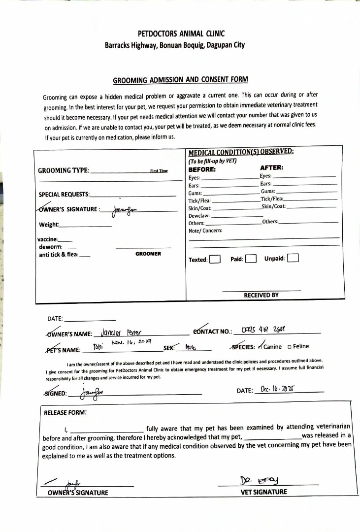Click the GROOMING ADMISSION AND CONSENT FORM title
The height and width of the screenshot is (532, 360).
click(x=180, y=79)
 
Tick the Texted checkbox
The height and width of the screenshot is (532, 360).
click(x=214, y=259)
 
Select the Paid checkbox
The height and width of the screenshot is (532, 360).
click(x=251, y=259)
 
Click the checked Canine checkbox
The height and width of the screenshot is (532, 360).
click(x=260, y=346)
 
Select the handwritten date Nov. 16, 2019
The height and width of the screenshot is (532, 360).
click(x=131, y=341)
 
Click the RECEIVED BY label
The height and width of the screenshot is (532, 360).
click(x=261, y=295)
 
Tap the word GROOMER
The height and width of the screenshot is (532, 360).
click(x=148, y=254)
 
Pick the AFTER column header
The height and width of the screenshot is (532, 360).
click(x=271, y=167)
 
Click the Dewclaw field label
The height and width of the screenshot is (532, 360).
click(x=199, y=216)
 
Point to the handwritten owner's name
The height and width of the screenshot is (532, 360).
click(x=121, y=332)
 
